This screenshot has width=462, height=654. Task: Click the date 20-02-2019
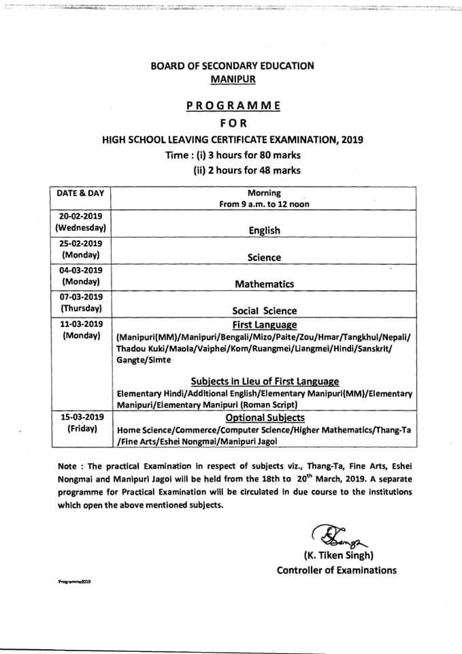pos(81,215)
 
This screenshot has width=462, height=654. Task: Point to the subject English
pos(264,231)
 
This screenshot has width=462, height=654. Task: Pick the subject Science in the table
pos(264,258)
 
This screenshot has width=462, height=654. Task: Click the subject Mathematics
pos(265,284)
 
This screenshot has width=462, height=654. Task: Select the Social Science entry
pos(265,311)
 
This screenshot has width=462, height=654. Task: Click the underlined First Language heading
pos(265,324)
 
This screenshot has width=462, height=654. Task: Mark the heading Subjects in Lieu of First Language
pos(265,381)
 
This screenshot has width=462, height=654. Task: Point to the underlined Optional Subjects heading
pos(265,418)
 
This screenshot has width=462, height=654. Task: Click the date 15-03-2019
pos(81,417)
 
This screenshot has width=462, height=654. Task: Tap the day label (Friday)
pos(81,429)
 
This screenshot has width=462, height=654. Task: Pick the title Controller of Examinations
pos(336,570)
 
